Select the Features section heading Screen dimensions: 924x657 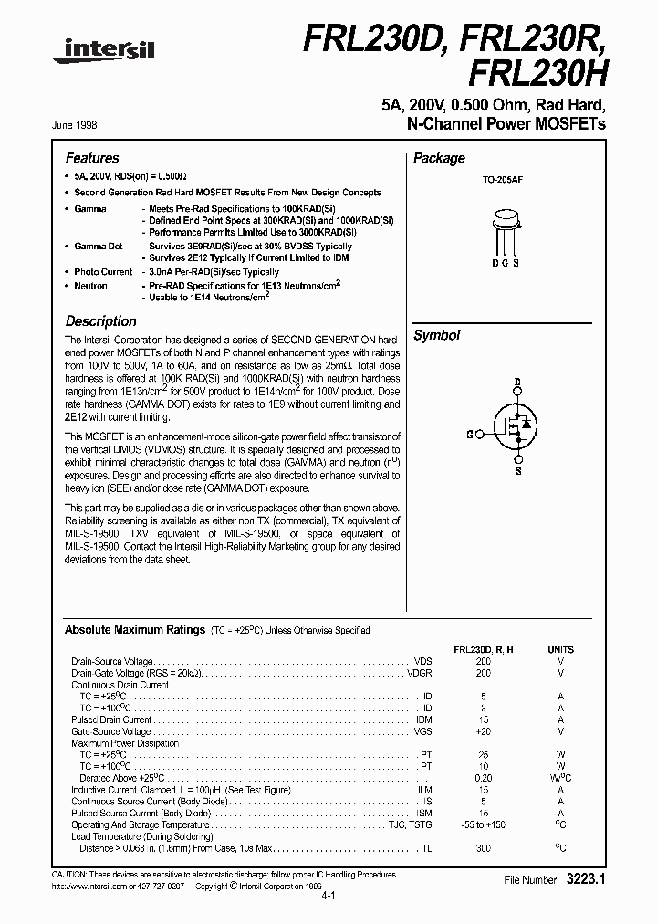(92, 158)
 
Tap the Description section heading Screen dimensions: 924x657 (101, 321)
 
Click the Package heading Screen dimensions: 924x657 (439, 158)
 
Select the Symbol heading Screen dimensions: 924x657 (437, 336)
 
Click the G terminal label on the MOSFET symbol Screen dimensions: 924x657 (469, 435)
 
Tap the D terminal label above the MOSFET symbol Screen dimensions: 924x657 (517, 381)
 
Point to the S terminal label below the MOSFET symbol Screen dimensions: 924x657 (517, 472)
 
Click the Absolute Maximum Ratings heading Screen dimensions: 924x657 (134, 630)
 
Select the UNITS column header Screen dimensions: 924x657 (560, 649)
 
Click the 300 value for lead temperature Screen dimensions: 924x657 (483, 848)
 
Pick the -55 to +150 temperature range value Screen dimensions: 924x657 (483, 824)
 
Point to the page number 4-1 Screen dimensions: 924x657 (328, 897)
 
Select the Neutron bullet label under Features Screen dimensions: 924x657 (90, 286)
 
